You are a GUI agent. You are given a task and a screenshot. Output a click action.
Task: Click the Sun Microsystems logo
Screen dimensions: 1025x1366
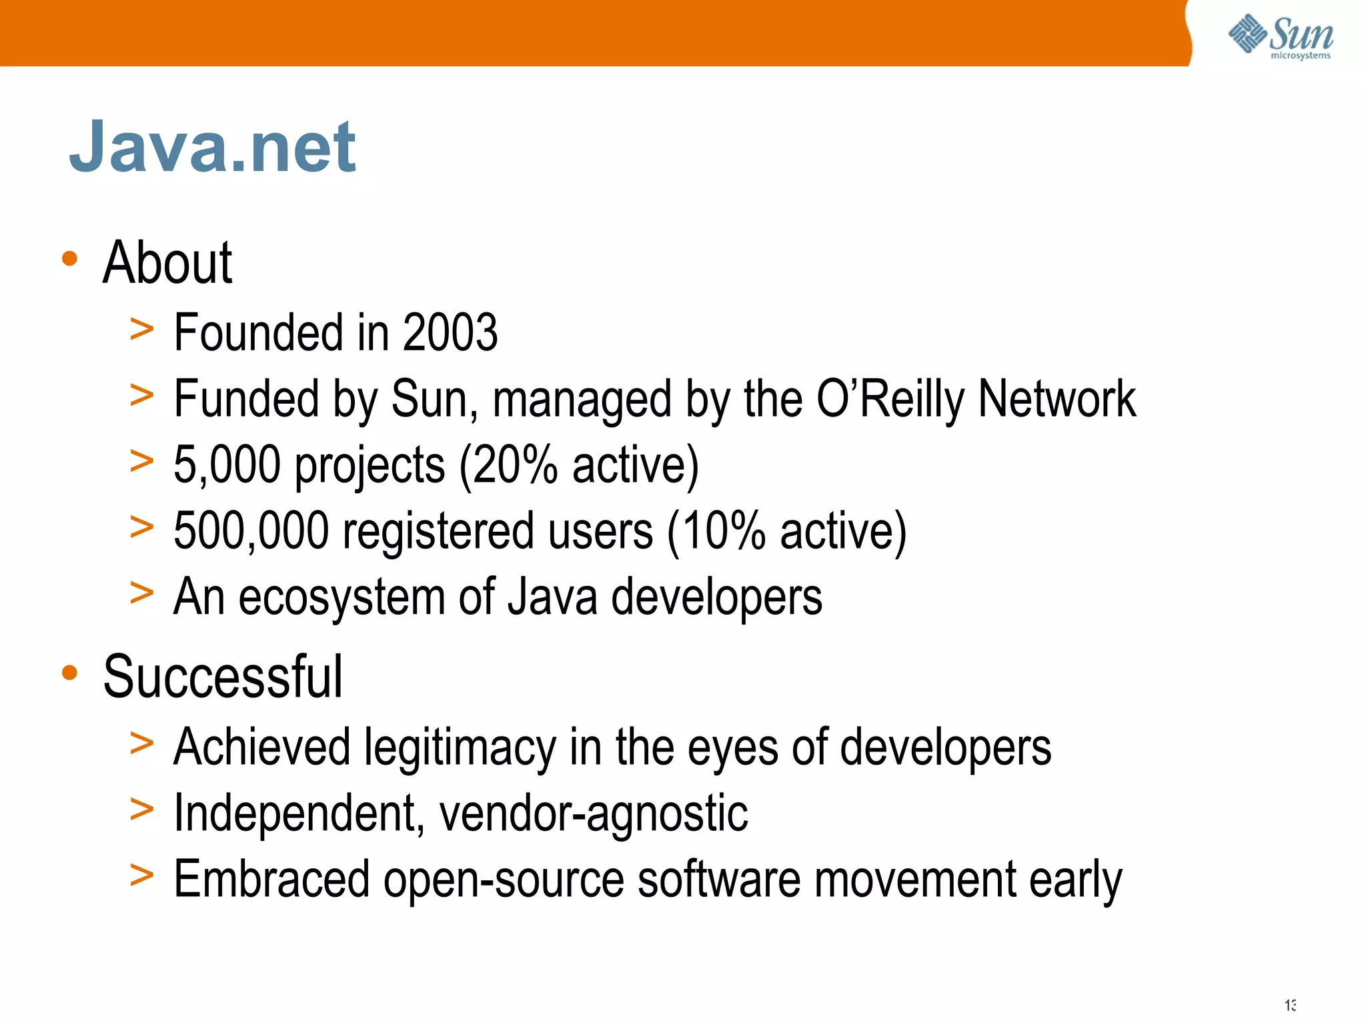pos(1281,36)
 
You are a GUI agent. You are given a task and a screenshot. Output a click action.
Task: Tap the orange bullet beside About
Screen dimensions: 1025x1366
pos(69,258)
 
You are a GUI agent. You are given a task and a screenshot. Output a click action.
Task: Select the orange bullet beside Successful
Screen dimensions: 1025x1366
pos(69,673)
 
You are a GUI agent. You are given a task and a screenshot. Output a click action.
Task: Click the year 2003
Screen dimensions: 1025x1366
pos(450,332)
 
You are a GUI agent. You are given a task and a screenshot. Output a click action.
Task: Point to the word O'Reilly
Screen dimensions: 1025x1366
pos(890,399)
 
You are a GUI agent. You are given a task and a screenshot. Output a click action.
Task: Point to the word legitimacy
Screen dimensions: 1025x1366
pos(460,747)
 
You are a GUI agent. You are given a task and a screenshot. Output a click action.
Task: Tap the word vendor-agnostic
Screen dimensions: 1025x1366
pos(594,813)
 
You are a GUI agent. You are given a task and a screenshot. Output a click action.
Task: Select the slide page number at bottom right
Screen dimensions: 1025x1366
pos(1290,1005)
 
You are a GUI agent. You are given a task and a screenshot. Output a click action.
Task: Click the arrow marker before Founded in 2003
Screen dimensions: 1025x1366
pos(141,330)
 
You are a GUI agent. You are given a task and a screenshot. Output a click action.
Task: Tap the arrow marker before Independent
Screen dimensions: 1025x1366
pos(141,810)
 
